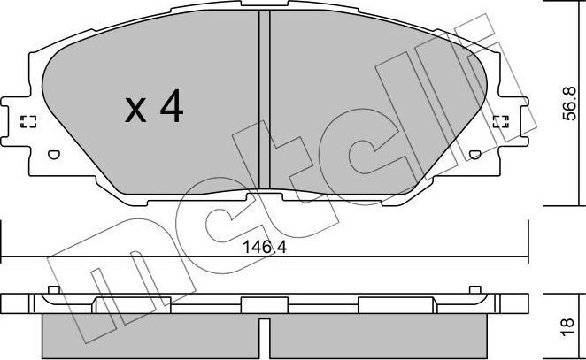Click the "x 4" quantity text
coord(153,108)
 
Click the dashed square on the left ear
coord(27,121)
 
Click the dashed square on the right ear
coord(500,121)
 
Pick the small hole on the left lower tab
coord(52,157)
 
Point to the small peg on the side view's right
coord(475,290)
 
